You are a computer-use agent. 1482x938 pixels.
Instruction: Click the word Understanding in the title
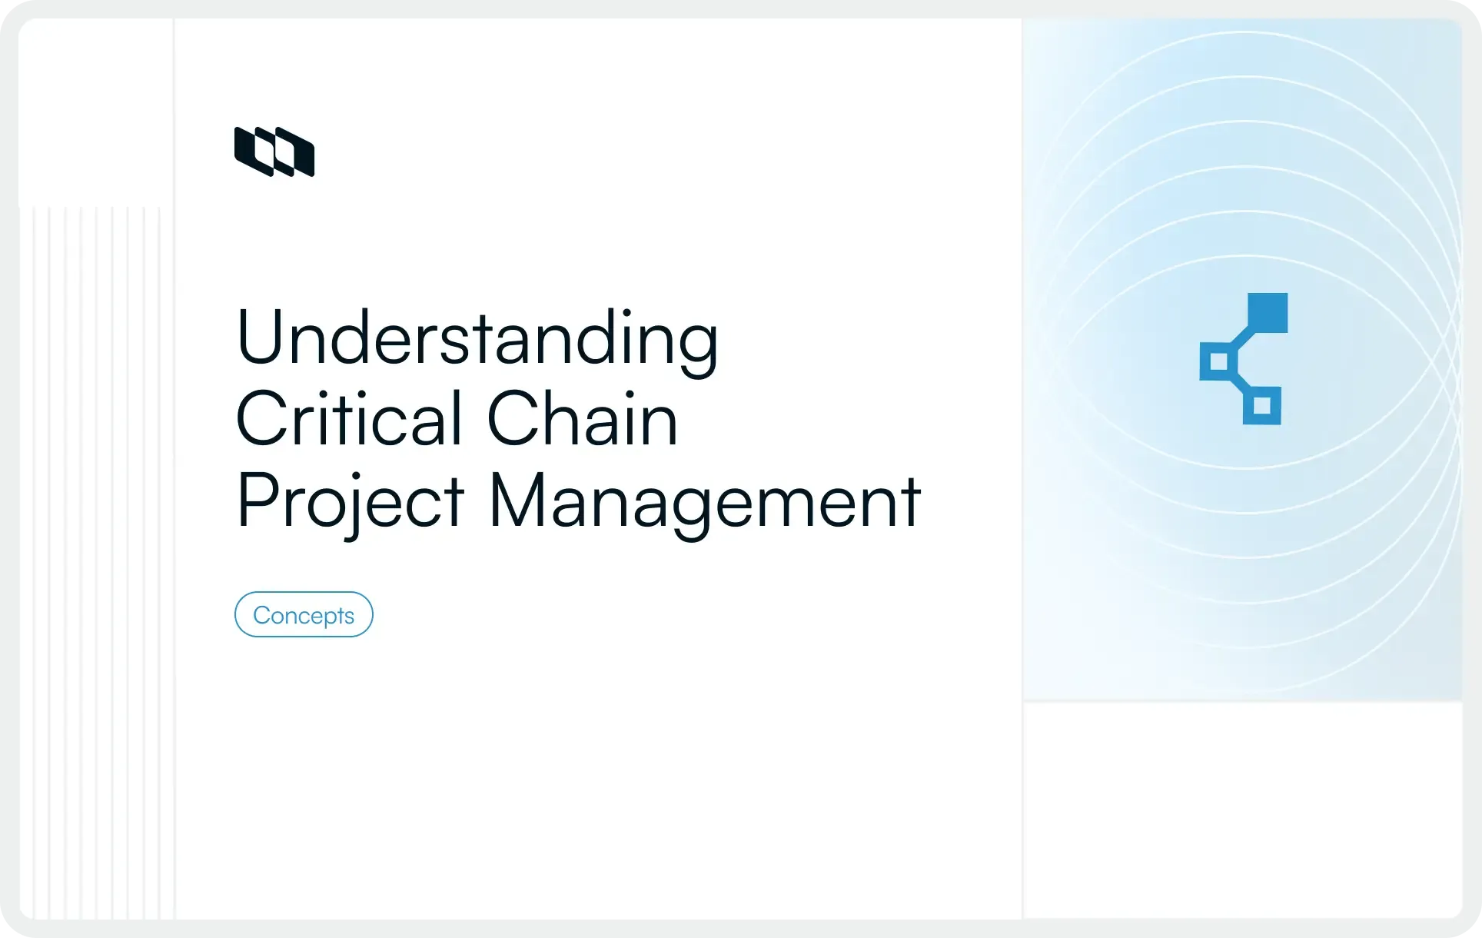point(477,338)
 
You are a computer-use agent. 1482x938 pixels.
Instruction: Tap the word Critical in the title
point(350,419)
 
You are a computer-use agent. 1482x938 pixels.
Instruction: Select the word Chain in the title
point(583,419)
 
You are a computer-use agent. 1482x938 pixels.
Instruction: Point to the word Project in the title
point(350,501)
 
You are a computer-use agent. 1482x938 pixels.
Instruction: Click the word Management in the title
point(704,501)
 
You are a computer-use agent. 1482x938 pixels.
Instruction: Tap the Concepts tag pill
point(304,614)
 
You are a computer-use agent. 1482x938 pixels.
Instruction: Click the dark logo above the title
point(274,151)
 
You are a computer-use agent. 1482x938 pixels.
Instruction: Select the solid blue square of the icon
point(1267,313)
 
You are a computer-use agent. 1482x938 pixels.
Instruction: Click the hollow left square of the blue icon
point(1218,361)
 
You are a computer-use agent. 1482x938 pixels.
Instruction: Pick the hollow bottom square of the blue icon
point(1261,405)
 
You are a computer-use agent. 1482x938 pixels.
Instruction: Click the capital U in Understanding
point(258,336)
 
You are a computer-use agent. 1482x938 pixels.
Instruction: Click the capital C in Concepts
point(263,615)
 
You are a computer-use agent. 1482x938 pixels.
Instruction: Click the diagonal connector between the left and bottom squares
point(1240,382)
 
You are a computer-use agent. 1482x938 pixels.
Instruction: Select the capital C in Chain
point(516,419)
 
